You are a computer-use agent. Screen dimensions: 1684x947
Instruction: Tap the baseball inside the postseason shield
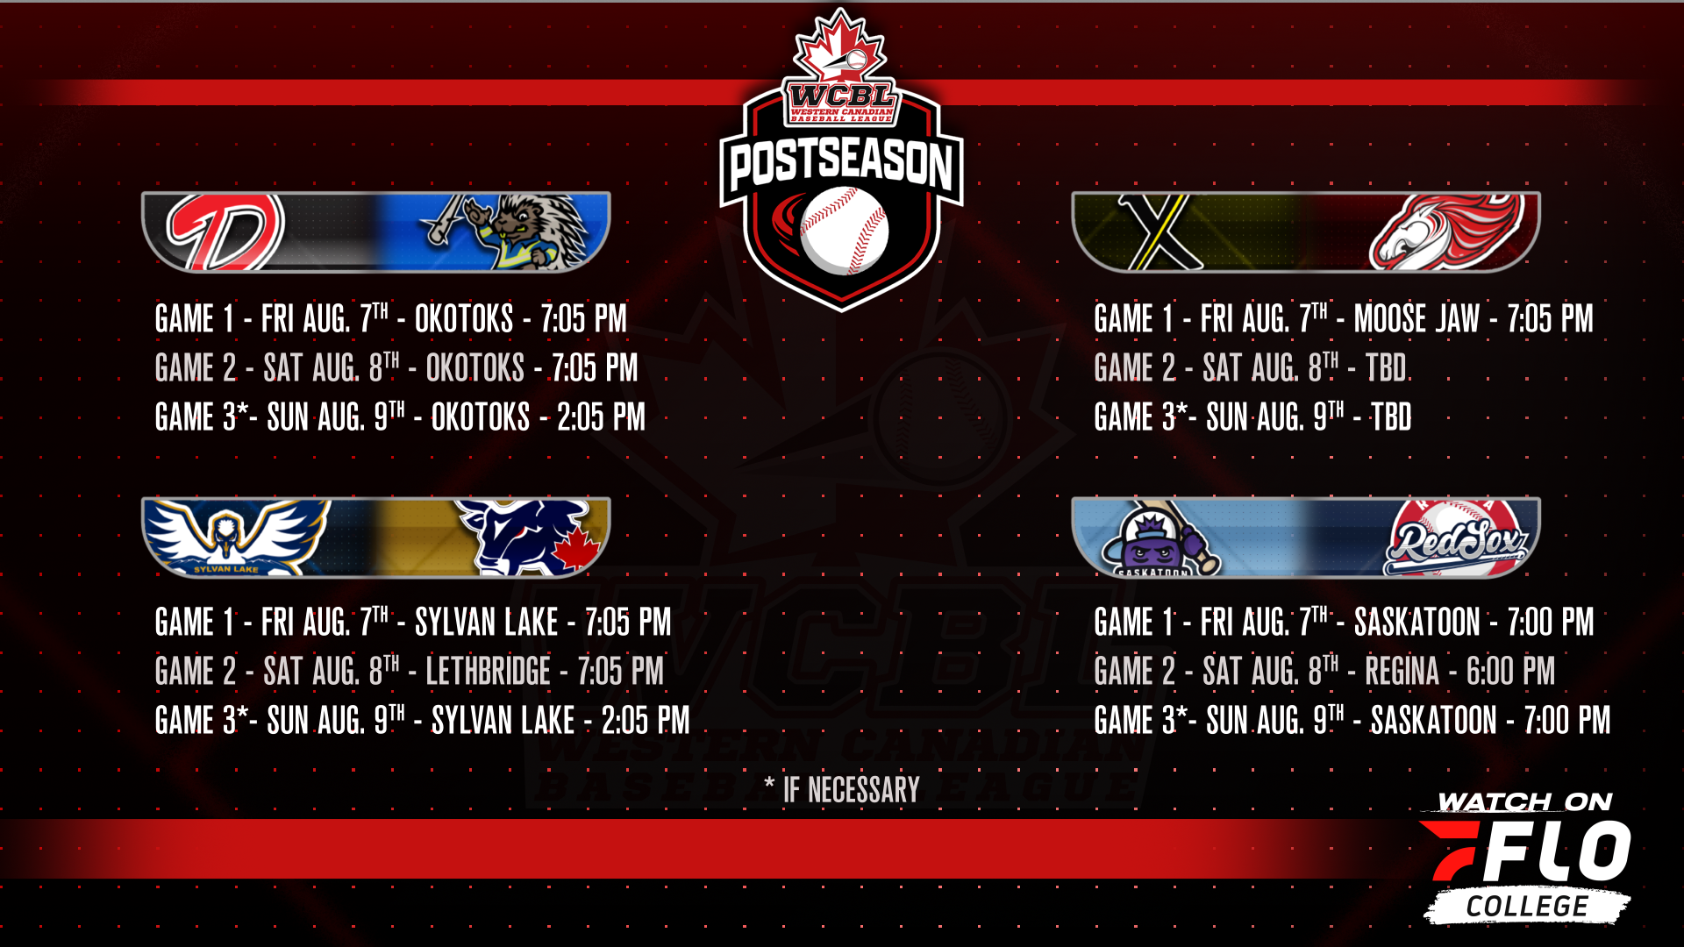844,230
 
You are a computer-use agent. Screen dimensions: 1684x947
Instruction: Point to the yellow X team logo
1160,231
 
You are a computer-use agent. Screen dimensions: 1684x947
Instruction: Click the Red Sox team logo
1457,538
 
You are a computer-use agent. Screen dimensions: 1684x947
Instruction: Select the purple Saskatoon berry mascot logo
1159,538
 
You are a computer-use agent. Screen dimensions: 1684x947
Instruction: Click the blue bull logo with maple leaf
531,537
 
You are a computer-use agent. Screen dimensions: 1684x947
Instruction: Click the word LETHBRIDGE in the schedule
488,672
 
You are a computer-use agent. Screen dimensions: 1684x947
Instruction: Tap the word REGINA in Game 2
1402,672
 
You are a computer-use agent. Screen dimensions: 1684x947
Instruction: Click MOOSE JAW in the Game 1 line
1416,319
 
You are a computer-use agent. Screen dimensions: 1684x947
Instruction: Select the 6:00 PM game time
1510,672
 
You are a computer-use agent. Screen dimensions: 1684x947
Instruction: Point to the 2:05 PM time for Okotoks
601,417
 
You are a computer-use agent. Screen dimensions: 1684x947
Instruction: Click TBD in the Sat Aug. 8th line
1386,368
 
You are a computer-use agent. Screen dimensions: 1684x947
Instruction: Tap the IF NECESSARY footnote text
851,790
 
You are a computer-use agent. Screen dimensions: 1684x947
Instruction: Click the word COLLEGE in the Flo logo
1527,907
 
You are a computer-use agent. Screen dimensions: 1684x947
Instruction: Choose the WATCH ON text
1525,802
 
